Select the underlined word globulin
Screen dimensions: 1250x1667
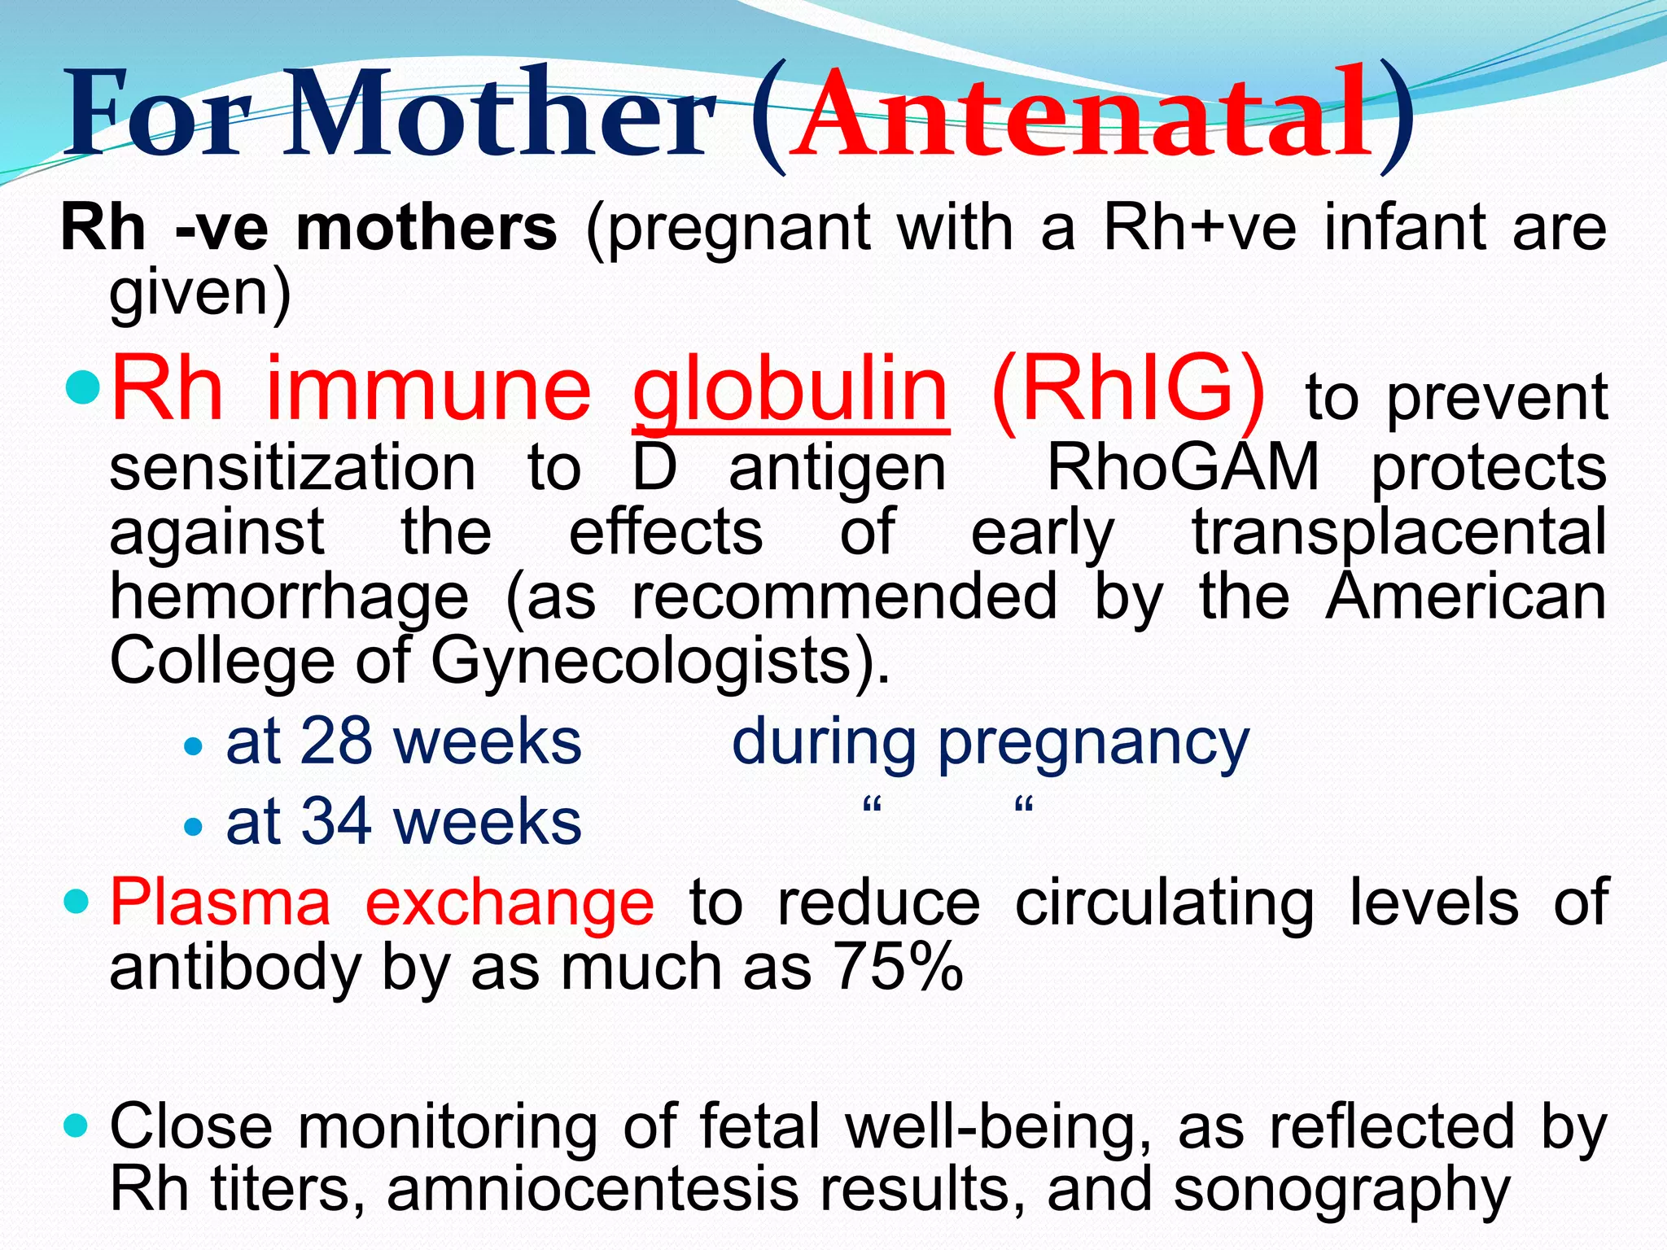(x=790, y=391)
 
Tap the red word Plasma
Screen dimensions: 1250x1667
(x=221, y=903)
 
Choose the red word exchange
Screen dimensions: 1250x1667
(x=510, y=903)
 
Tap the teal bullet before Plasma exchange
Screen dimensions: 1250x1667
(x=76, y=902)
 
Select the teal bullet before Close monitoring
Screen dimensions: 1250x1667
(x=76, y=1126)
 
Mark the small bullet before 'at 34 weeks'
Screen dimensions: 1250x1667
(x=193, y=827)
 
